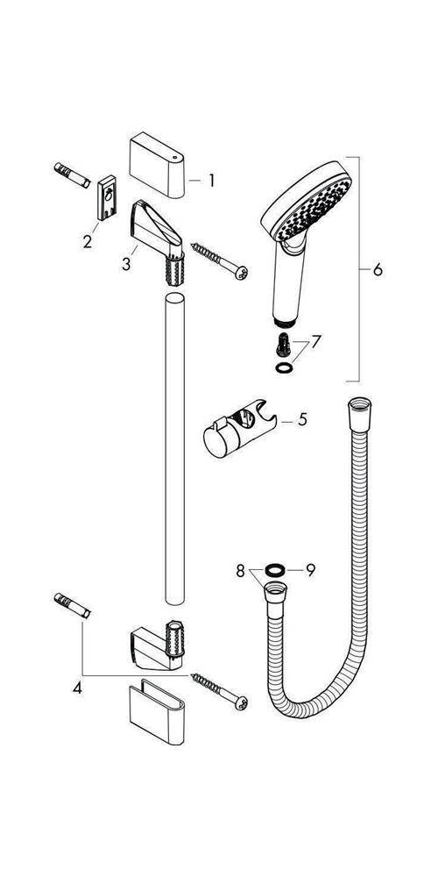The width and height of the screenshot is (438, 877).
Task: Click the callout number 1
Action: (x=211, y=182)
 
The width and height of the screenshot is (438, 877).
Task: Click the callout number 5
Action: (x=301, y=419)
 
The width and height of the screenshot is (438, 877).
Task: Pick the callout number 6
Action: (x=378, y=270)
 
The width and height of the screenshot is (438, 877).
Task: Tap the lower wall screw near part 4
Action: (x=219, y=688)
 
